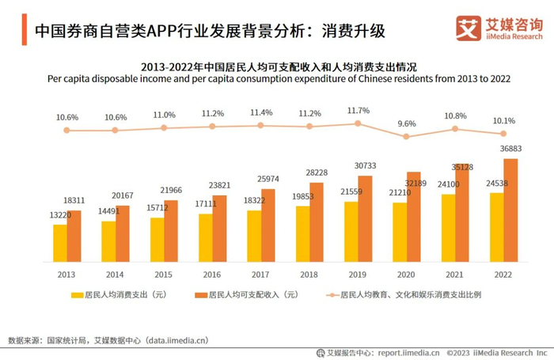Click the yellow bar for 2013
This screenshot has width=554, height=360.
[60, 243]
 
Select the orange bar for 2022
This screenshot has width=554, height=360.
[510, 210]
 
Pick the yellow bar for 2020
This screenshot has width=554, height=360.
[400, 232]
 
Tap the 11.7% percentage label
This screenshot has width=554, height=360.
[359, 110]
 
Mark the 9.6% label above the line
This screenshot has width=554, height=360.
[407, 123]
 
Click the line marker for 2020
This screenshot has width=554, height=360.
[407, 136]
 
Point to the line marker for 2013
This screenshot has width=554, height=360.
[67, 130]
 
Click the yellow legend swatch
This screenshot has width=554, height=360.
[77, 294]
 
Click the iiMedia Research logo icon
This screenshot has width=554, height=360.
[469, 27]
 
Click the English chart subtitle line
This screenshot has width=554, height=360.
[277, 79]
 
